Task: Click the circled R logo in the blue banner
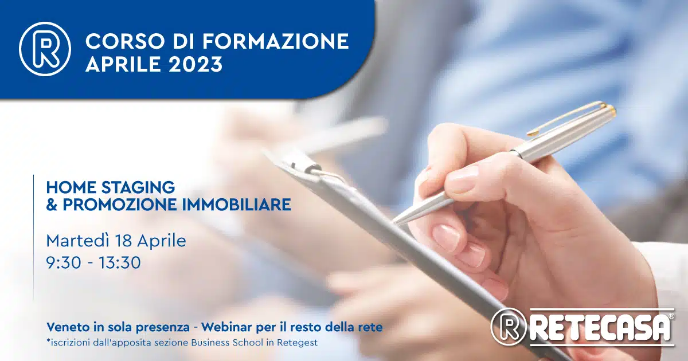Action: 45,49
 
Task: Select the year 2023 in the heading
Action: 196,64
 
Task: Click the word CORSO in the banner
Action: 124,41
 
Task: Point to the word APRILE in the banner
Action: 123,64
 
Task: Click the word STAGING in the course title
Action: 138,187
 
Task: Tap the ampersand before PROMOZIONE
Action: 52,205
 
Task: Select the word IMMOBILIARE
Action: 236,205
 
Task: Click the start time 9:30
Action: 64,263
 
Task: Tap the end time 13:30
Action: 119,263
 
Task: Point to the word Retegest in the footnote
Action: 297,343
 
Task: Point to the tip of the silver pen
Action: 394,222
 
